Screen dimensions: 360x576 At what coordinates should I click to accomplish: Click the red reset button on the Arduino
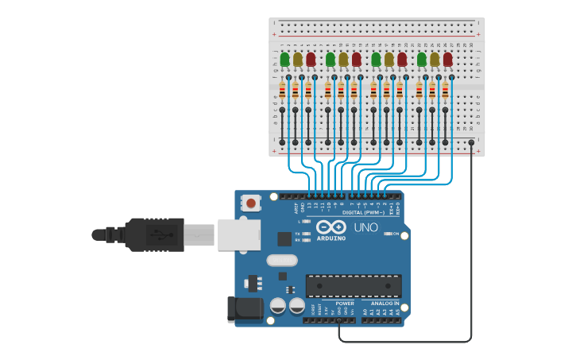tap(251, 203)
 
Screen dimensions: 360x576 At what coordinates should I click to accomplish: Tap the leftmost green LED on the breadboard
tap(284, 59)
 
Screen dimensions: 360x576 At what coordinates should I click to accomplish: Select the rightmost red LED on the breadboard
tap(447, 59)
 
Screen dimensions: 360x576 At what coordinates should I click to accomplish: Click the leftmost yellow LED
tap(297, 59)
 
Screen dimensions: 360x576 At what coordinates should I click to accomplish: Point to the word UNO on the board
tap(365, 227)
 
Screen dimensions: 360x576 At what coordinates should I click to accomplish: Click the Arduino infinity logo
tap(331, 226)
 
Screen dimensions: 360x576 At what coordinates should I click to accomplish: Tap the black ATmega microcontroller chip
tap(354, 286)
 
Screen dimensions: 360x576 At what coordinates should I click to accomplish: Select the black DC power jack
tap(244, 309)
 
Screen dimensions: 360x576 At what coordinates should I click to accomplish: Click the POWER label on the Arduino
tap(345, 304)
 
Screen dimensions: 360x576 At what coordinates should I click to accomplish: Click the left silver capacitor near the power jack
tap(278, 305)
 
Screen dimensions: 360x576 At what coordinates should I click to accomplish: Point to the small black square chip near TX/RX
tap(284, 238)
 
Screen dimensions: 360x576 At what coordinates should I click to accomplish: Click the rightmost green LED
tap(422, 59)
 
